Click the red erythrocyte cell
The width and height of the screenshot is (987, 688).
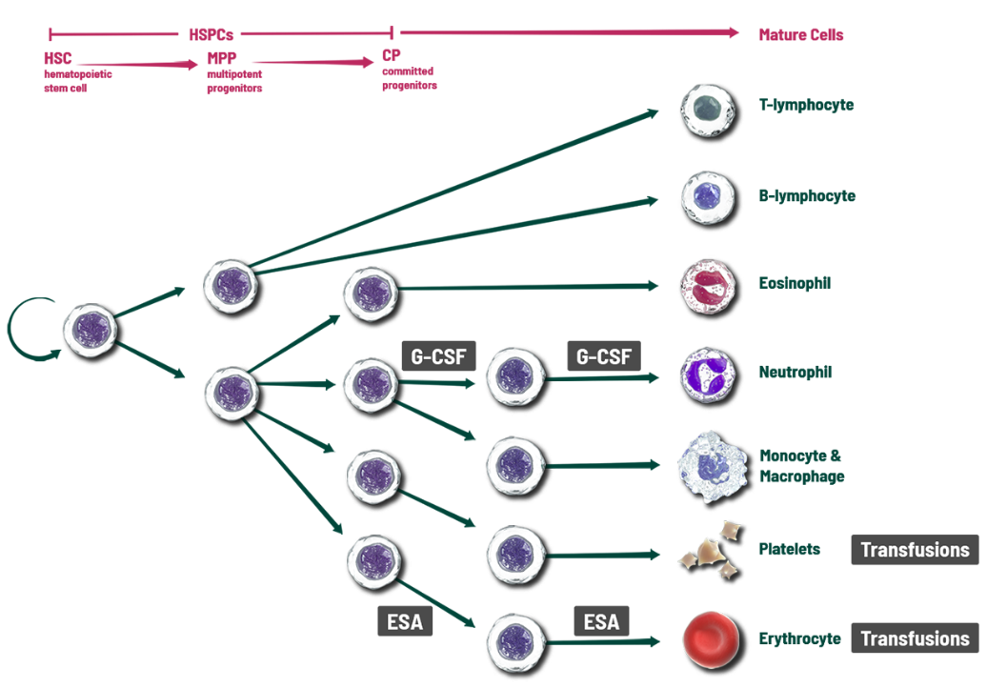[711, 638]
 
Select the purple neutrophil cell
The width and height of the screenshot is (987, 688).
[708, 373]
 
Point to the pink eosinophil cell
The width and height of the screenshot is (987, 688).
[708, 284]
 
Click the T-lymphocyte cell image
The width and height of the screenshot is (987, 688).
[707, 108]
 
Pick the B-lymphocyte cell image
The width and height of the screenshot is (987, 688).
[708, 197]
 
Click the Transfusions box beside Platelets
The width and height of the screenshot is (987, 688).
[915, 550]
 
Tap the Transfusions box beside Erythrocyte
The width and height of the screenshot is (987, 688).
[915, 638]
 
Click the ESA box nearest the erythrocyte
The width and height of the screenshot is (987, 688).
[601, 622]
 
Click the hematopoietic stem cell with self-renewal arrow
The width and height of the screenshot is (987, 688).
[91, 328]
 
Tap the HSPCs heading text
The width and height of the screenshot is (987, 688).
[211, 34]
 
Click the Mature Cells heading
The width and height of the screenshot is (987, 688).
[800, 35]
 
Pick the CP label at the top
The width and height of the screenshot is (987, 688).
[391, 56]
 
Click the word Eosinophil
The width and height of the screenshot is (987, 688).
[795, 284]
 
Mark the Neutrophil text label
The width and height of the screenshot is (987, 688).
[796, 373]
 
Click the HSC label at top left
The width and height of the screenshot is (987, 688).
[57, 59]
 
